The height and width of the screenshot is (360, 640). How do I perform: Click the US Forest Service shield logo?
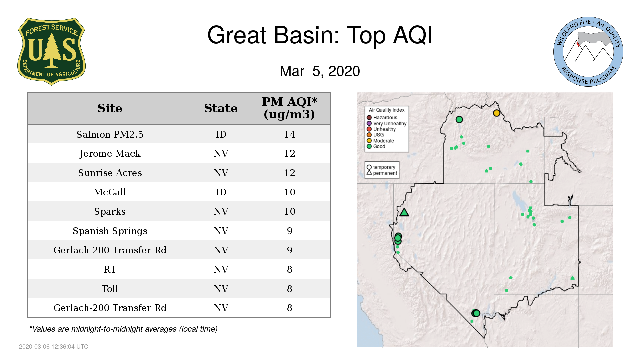pyautogui.click(x=51, y=52)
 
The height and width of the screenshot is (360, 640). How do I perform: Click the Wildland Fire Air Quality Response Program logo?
pyautogui.click(x=588, y=52)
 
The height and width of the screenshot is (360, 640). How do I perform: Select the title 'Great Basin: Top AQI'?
pyautogui.click(x=320, y=35)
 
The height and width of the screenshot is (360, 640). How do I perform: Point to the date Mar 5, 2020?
pyautogui.click(x=320, y=71)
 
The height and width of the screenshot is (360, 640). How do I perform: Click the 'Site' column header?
pyautogui.click(x=110, y=108)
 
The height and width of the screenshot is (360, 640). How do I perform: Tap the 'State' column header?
pyautogui.click(x=221, y=108)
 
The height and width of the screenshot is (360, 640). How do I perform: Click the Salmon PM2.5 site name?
pyautogui.click(x=110, y=134)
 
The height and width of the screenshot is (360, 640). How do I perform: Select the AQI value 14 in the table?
pyautogui.click(x=289, y=134)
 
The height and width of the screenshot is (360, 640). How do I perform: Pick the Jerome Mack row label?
pyautogui.click(x=110, y=154)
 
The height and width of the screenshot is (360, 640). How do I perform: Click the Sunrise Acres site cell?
pyautogui.click(x=110, y=173)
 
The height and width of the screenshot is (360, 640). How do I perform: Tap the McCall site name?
pyautogui.click(x=110, y=192)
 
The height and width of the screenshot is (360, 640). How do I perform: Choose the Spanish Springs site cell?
pyautogui.click(x=110, y=231)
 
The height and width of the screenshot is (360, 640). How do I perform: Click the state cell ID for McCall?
pyautogui.click(x=221, y=192)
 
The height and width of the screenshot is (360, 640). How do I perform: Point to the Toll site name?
pyautogui.click(x=110, y=289)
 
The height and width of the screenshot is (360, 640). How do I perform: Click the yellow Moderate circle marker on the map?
pyautogui.click(x=497, y=113)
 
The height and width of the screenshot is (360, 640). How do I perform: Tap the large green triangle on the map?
pyautogui.click(x=404, y=212)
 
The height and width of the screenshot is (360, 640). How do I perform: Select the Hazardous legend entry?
pyautogui.click(x=382, y=118)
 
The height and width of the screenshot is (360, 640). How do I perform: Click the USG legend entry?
pyautogui.click(x=375, y=135)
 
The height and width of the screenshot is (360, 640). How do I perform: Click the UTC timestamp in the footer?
pyautogui.click(x=54, y=347)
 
